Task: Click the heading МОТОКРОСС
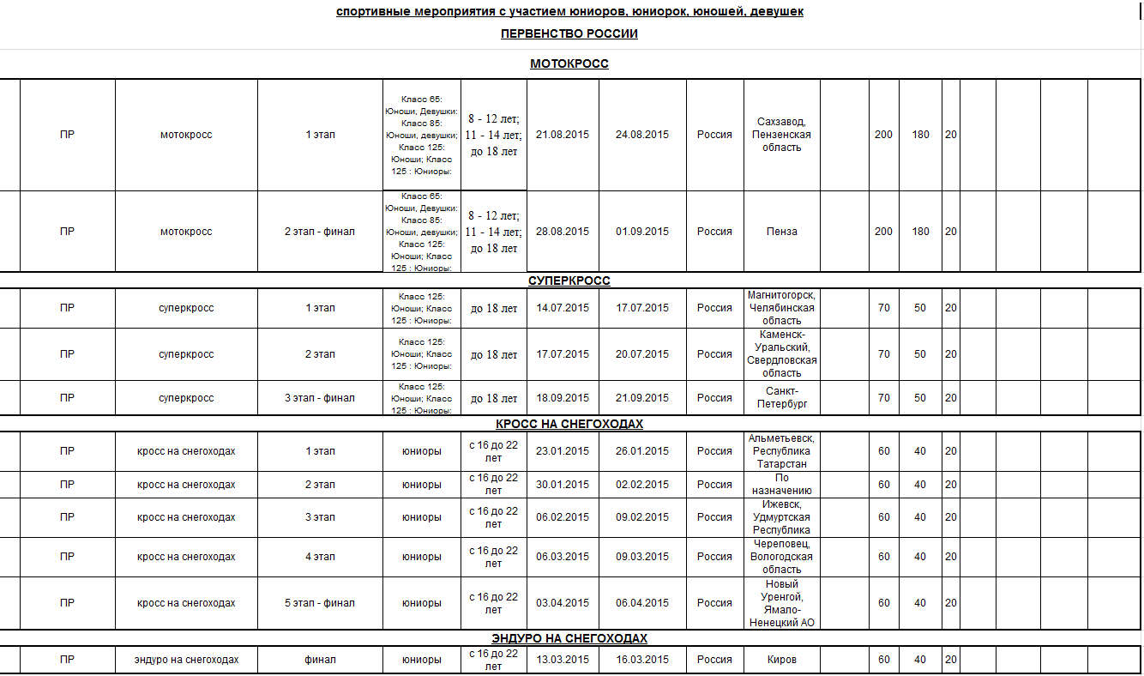569,63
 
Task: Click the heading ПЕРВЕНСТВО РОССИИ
569,34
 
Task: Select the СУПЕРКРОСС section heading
569,281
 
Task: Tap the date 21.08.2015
563,135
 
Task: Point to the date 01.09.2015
642,232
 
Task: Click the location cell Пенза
781,232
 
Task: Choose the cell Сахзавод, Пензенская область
781,135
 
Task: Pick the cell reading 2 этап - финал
320,232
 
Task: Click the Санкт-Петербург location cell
781,398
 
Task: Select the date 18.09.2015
563,398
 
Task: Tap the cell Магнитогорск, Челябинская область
781,308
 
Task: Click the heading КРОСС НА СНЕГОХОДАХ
569,424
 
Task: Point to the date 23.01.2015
563,451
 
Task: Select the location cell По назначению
781,485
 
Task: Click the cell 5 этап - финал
320,603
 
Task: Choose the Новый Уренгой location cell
781,603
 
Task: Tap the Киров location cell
781,660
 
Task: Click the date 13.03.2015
563,660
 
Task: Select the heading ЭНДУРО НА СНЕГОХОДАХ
569,638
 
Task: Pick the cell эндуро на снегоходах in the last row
186,660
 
